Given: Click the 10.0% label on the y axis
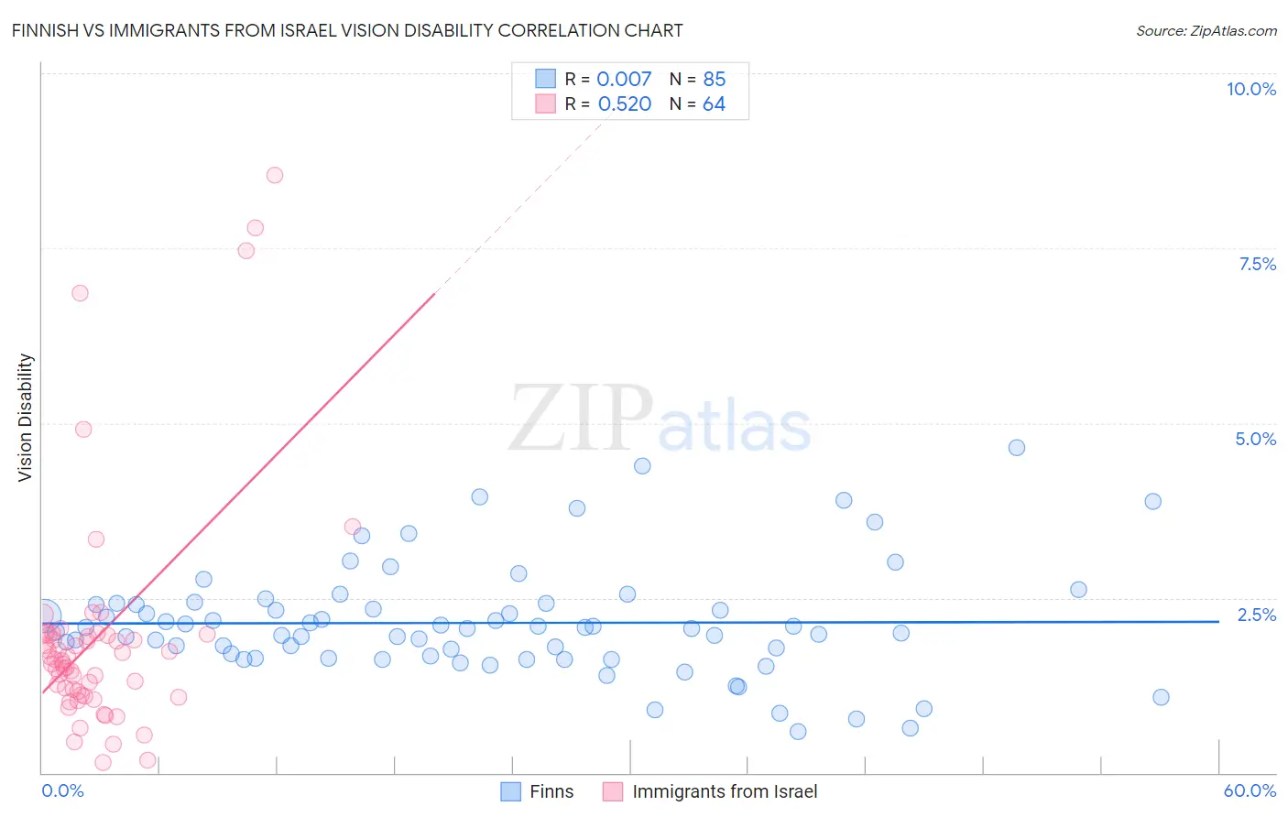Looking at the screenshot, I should point(1250,89).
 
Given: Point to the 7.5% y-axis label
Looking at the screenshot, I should point(1257,264).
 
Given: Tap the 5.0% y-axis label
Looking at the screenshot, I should point(1255,439).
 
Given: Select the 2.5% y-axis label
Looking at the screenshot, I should point(1257,615).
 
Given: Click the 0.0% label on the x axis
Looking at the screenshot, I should point(62,790).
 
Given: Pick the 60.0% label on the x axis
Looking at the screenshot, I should point(1250,790).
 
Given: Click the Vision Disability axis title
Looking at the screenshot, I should point(26,417).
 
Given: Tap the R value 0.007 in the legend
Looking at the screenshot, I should point(624,80).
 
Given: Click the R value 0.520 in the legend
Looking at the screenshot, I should point(624,104).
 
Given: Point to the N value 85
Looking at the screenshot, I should point(714,80).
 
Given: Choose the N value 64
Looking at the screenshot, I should point(714,104).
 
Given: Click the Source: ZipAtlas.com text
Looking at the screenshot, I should point(1206,31).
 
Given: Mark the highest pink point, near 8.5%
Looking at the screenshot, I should point(275,175).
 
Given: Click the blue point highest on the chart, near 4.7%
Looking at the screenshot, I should point(1016,448).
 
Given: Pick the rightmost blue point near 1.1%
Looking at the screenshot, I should point(1161,697).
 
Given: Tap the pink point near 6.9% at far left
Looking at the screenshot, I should point(80,293).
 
